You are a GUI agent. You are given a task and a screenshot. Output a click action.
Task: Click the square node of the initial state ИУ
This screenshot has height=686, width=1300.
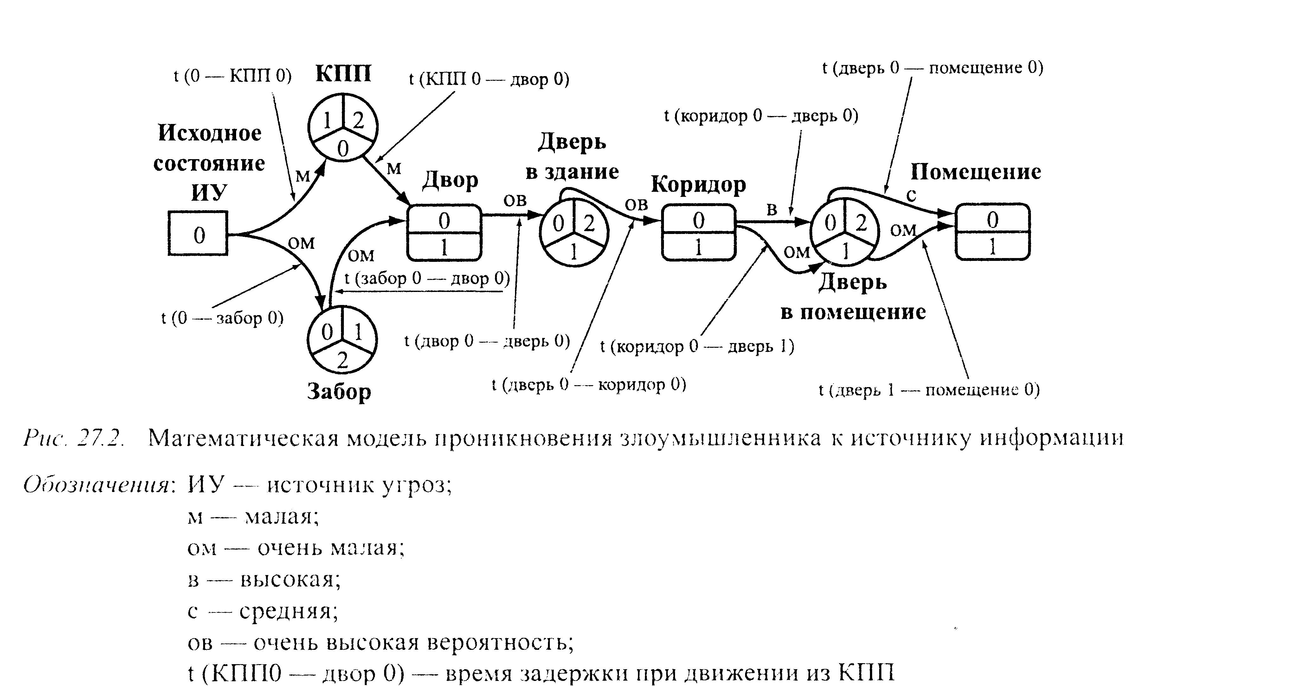[x=198, y=233]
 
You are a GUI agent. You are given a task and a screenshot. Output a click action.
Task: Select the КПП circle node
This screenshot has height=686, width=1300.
[x=343, y=127]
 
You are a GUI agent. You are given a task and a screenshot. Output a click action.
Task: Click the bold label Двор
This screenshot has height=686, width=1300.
[x=450, y=180]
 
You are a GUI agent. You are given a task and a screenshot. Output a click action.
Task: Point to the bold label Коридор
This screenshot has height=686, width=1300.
[x=698, y=185]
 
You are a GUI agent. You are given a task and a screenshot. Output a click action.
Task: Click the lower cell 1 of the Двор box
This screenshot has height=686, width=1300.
[x=444, y=247]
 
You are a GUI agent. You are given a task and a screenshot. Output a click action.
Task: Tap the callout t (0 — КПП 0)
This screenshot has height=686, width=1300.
[x=233, y=76]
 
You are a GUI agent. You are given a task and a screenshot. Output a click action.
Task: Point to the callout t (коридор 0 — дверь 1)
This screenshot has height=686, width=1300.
[x=697, y=346]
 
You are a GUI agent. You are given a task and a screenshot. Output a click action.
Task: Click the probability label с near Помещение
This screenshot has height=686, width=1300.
[x=911, y=196]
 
